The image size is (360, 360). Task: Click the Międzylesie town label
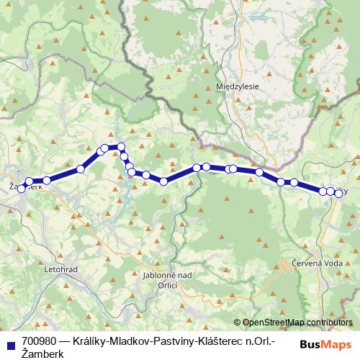coord(237,86)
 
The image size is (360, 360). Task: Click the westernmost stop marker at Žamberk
coord(22,187)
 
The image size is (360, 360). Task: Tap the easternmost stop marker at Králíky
coord(338,193)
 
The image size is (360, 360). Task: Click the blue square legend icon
coord(10,343)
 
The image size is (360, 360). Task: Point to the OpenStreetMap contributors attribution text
coord(297,323)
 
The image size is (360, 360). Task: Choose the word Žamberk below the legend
coord(43,354)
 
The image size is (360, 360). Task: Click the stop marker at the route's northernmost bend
coord(114,147)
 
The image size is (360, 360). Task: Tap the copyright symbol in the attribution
coord(238,323)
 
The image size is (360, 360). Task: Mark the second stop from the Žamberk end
coord(30,182)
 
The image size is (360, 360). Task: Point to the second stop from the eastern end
coord(330,192)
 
